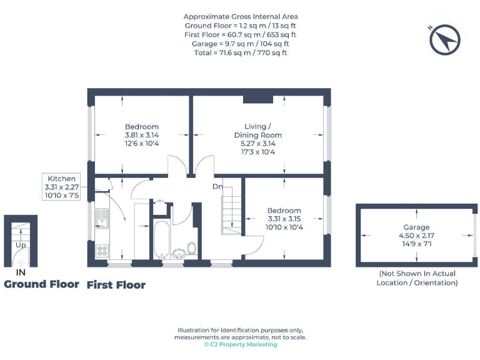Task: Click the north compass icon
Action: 446,39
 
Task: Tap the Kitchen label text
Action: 61,179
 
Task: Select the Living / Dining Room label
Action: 257,131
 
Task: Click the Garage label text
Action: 416,227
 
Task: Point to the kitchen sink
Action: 101,218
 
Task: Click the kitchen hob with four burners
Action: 101,251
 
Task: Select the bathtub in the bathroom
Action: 161,239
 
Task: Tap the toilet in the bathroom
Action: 192,249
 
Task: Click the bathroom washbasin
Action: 179,253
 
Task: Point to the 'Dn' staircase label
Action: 217,186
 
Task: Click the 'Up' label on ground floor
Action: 21,245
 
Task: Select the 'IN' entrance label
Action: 21,272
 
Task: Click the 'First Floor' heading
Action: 116,285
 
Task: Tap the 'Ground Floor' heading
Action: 41,284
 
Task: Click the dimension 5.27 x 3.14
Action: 257,143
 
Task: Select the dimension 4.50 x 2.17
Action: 416,236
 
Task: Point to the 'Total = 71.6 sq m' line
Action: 241,53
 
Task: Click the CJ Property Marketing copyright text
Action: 241,344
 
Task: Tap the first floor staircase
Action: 231,209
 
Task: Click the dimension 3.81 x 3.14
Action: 141,135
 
